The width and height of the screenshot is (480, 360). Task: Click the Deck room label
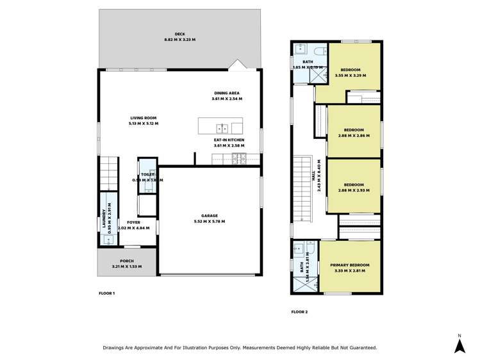coord(180,35)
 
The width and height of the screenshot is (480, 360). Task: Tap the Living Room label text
coord(144,118)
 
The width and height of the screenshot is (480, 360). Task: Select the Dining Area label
coord(227,93)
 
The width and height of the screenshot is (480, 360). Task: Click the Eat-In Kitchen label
coord(229,140)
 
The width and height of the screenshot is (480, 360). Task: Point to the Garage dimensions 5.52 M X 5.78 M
coord(209,221)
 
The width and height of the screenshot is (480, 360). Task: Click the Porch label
coord(126,261)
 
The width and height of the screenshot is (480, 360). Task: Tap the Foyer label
coord(133,222)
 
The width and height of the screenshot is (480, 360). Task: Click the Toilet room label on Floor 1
coord(147,174)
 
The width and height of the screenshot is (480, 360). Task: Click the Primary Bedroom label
coord(350,265)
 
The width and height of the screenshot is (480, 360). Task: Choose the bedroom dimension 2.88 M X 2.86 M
coord(354,135)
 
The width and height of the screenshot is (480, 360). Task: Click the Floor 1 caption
coord(106,293)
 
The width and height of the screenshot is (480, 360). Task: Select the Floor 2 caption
coord(299,312)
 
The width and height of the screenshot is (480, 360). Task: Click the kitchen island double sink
coord(220,126)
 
